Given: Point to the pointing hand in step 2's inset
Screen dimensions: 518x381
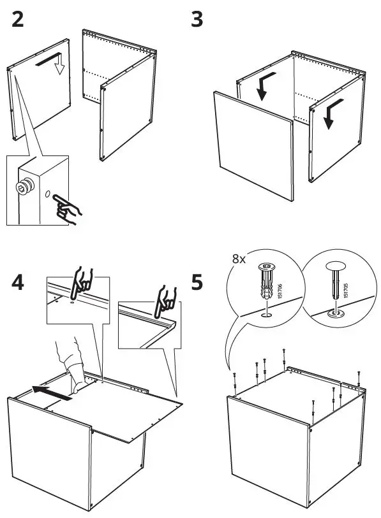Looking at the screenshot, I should coord(67,208).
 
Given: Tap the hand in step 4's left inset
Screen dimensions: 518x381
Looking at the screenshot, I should coord(81,282).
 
